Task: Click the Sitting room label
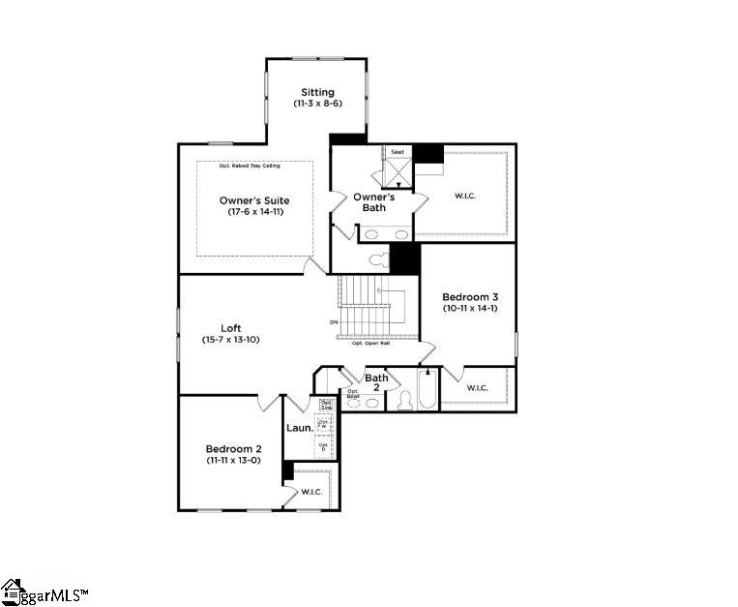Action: [x=317, y=93]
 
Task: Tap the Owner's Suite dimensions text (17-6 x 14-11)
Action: [x=254, y=212]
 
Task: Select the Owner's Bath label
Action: [x=374, y=202]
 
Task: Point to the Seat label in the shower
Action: [x=398, y=152]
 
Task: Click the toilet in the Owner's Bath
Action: [x=380, y=260]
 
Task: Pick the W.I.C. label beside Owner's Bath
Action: [x=465, y=196]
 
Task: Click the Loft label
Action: [x=231, y=328]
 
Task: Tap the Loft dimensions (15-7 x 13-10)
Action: [x=231, y=340]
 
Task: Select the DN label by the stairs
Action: [x=334, y=321]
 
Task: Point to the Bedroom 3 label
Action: [x=467, y=296]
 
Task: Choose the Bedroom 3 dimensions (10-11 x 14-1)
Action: [x=467, y=308]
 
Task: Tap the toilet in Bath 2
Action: [x=403, y=399]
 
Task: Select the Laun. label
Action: [x=299, y=427]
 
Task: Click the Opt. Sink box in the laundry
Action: [x=327, y=405]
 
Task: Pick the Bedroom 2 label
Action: [x=233, y=449]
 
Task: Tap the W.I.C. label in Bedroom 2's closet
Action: [x=310, y=492]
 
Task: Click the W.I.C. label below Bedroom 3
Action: [x=477, y=388]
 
